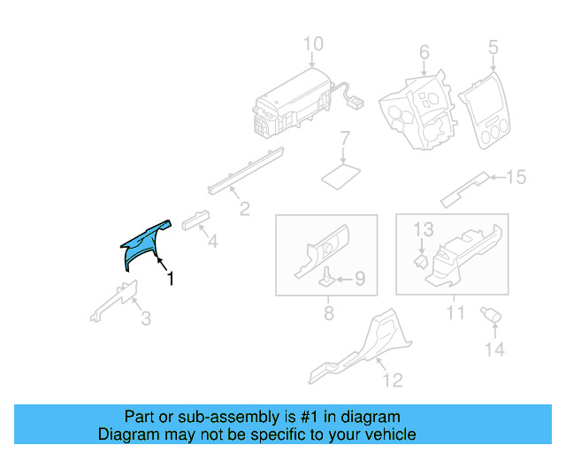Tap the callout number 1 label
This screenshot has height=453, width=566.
coord(171,279)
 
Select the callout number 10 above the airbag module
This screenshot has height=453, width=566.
coord(313,43)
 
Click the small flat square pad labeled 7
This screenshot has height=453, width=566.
coord(341,176)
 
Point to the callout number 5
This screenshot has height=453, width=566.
coord(493,47)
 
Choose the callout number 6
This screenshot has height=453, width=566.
coord(424,52)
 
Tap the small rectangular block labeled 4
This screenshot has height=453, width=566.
coord(196,220)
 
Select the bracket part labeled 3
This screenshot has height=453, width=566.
coord(115,300)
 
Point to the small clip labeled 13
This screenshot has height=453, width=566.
coord(421,261)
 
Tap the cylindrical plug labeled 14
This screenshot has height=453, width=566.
coord(491,314)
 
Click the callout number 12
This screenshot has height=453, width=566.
coord(393,380)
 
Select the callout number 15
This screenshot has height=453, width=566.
coord(516,177)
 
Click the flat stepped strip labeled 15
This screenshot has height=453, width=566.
coord(466,189)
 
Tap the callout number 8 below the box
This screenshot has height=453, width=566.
coord(328,313)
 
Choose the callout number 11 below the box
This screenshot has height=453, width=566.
coord(455,313)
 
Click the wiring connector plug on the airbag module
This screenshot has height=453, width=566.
coord(356,103)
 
